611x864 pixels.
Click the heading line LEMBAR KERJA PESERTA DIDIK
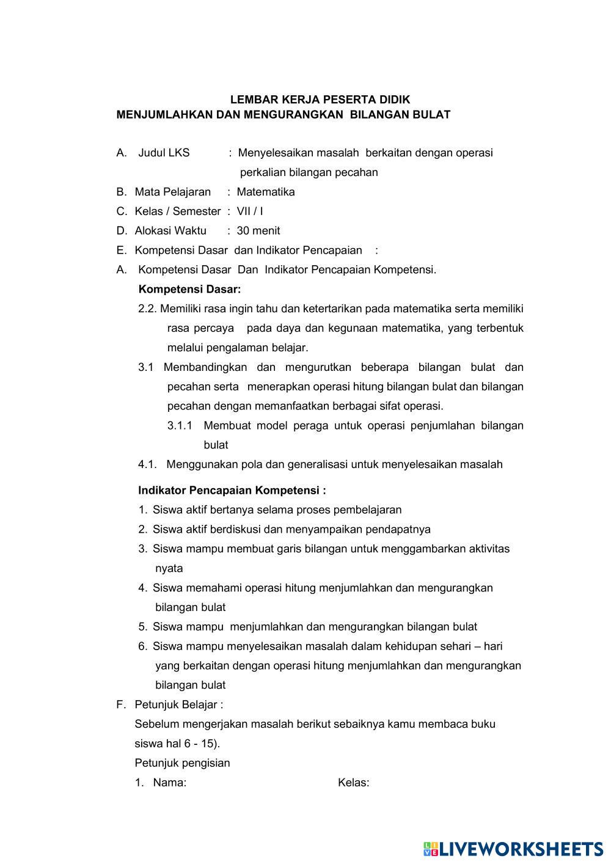[320, 100]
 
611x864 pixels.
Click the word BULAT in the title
[432, 114]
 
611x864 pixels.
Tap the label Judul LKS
[164, 153]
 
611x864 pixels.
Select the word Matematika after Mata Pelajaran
[266, 192]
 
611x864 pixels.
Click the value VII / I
[250, 211]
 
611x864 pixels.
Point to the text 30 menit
[258, 231]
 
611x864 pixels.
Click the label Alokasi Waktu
[170, 231]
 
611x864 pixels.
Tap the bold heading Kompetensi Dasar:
[189, 289]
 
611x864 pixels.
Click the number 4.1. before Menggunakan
[147, 464]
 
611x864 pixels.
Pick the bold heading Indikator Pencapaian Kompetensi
[232, 490]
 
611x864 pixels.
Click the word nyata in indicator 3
[169, 568]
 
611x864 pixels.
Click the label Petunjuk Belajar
[178, 705]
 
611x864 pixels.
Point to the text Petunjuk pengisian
[182, 763]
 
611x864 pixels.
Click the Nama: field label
[169, 783]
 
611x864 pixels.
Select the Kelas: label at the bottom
[353, 783]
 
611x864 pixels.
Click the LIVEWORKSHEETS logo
[513, 848]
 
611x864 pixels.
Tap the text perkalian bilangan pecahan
[309, 172]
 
